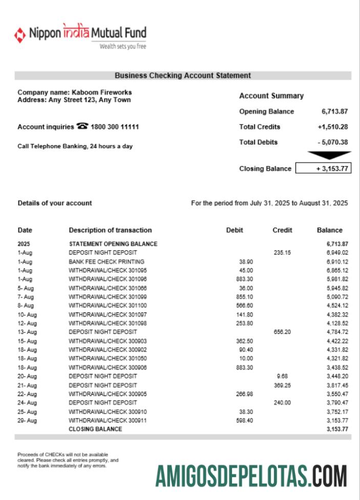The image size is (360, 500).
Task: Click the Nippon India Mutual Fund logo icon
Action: (20, 35)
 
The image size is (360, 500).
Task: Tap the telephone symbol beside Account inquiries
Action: (82, 126)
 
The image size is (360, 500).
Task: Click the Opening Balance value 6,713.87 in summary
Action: (335, 111)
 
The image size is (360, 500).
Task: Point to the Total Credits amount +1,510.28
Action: (333, 127)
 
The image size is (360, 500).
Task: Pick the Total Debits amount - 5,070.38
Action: (333, 142)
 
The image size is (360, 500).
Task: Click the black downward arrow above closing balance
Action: (329, 155)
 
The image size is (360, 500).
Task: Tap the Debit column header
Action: (235, 230)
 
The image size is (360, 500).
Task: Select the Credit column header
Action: (282, 230)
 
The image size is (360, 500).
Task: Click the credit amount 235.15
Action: (282, 253)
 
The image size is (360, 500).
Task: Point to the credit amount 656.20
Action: (282, 332)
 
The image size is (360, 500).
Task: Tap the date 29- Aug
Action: (27, 420)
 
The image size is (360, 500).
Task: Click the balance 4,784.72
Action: (337, 332)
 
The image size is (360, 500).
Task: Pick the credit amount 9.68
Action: (282, 376)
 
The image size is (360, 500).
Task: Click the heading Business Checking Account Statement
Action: (183, 75)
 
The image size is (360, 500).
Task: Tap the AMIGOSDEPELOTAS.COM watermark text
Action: (251, 476)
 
